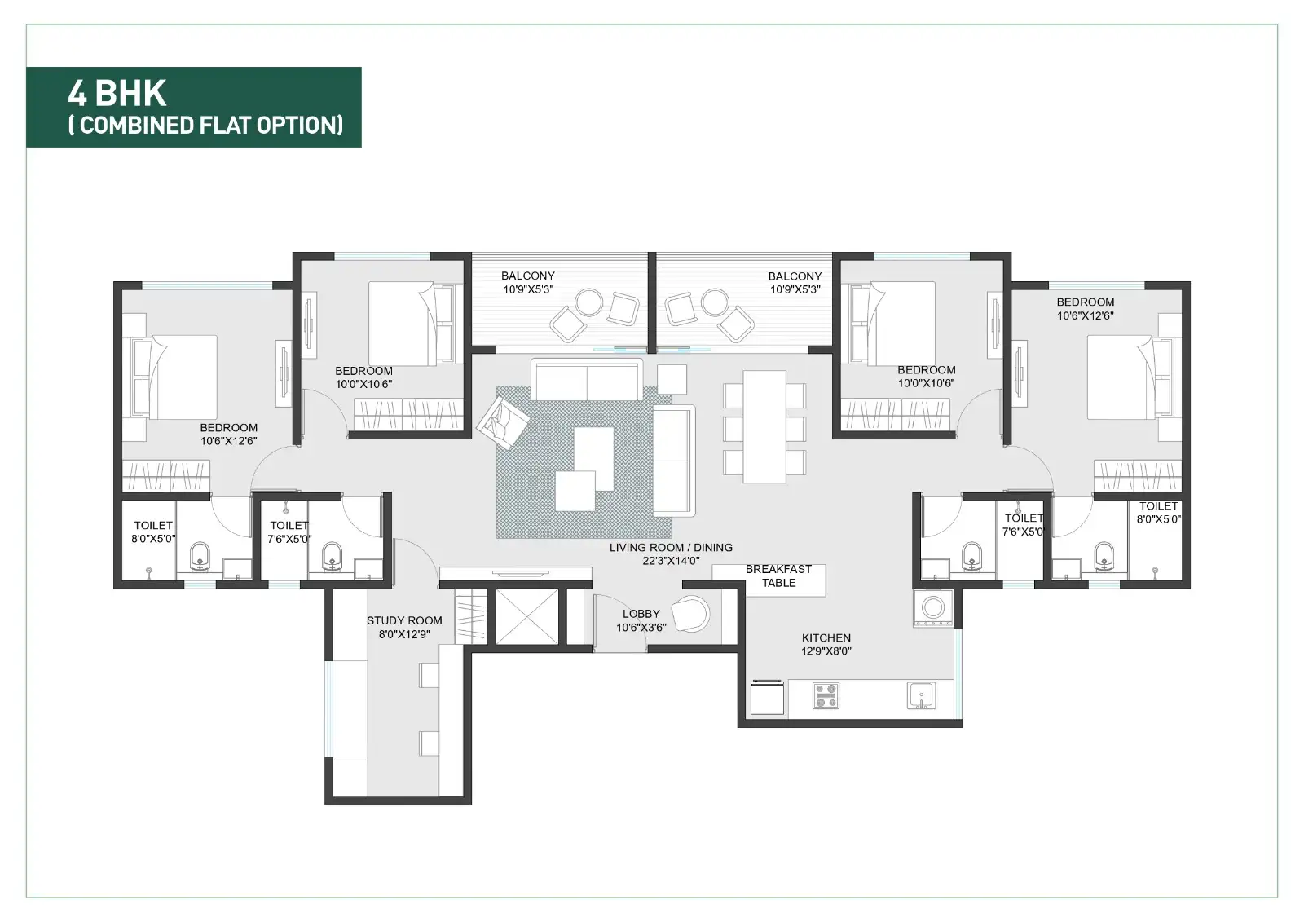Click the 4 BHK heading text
click(x=117, y=93)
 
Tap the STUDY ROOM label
click(x=404, y=620)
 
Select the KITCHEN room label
click(x=826, y=637)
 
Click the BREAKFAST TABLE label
click(x=778, y=576)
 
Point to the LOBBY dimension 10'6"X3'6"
click(x=641, y=628)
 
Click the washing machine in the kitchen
click(x=933, y=608)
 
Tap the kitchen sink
click(x=921, y=695)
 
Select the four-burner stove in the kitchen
click(x=826, y=695)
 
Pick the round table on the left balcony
click(x=588, y=302)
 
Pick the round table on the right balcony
click(x=716, y=302)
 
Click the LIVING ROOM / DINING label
click(x=671, y=548)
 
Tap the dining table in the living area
click(x=764, y=426)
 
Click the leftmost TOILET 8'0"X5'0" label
click(x=153, y=532)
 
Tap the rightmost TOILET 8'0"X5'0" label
click(x=1158, y=512)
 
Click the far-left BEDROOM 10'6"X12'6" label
click(x=229, y=434)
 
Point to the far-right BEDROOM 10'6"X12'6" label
click(x=1085, y=308)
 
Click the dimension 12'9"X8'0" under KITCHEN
click(x=826, y=651)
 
